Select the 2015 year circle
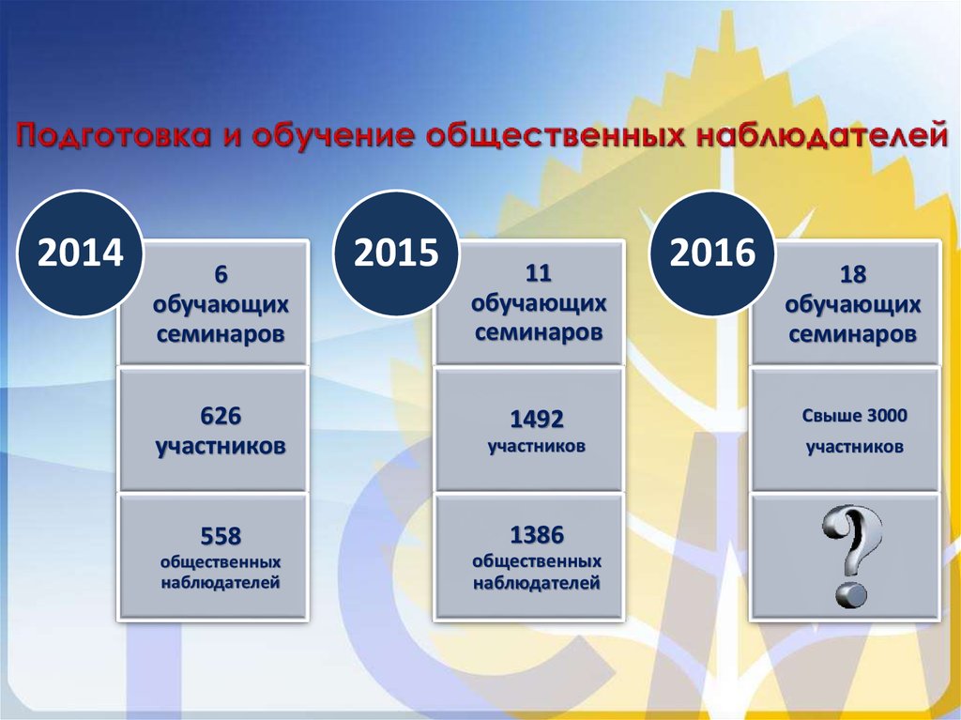click(396, 253)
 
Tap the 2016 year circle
click(712, 253)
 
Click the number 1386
click(537, 535)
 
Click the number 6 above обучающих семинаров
click(221, 275)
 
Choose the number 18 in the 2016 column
click(853, 275)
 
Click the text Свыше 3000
click(855, 416)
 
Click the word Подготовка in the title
click(110, 136)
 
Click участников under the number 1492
click(537, 447)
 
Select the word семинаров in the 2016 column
click(853, 334)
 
